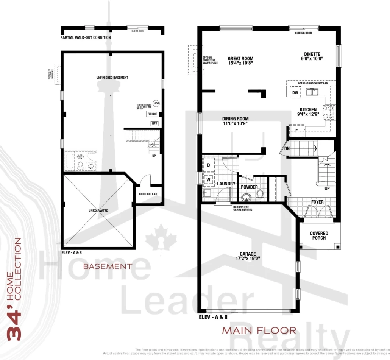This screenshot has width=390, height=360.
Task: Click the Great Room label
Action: pos(240,59)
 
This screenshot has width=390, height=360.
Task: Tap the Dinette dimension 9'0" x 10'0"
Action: pos(312,59)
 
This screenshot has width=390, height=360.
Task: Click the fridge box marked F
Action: pos(296,131)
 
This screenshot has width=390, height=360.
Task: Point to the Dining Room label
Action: pos(235,119)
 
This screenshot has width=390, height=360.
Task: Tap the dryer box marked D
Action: pos(208,165)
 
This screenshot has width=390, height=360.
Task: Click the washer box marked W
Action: pos(208,179)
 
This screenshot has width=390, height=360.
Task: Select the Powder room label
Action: pos(249,187)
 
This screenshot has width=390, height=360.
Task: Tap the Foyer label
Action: pos(317,202)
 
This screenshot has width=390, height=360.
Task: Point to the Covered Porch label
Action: pos(319,235)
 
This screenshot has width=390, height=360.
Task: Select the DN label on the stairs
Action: pos(287,149)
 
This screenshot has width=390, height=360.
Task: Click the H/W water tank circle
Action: pos(156,103)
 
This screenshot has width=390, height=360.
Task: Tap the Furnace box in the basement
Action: pos(152,114)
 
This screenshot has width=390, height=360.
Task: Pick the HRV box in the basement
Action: pos(154,123)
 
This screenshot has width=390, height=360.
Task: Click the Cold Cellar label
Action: pos(148,194)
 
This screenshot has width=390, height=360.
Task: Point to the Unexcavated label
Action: pos(98,210)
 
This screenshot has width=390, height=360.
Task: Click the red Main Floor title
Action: pos(259,330)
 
